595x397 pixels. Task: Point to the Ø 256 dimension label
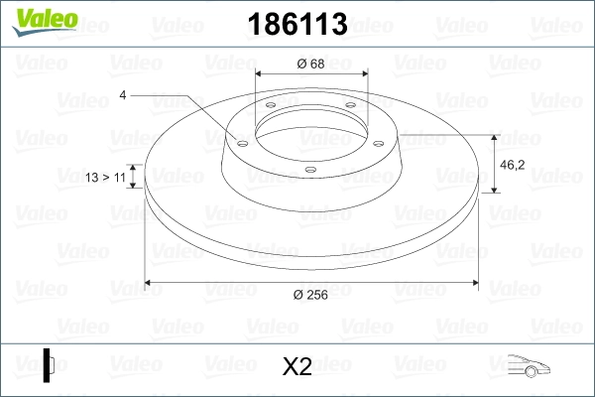(311, 294)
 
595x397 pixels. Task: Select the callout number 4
(123, 95)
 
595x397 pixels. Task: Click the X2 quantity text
(297, 366)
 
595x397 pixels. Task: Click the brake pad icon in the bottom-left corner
(50, 364)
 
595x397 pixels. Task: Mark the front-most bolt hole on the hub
(309, 170)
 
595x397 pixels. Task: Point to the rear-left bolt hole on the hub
(270, 106)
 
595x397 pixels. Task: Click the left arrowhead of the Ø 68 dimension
(260, 74)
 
